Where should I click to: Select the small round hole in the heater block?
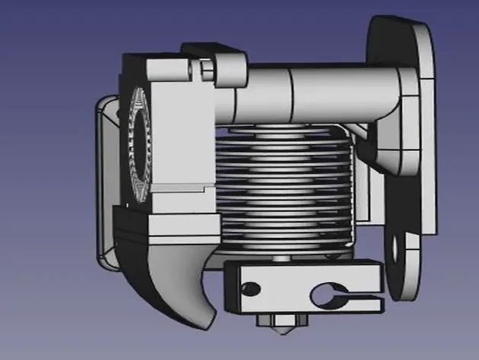point(249,288)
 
